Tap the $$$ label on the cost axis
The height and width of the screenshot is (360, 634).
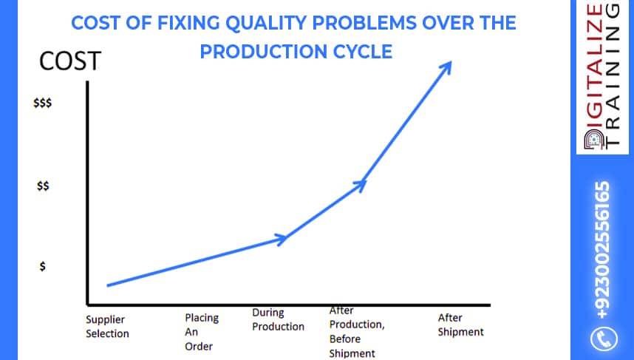(x=43, y=105)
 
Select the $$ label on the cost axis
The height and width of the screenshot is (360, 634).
(x=44, y=187)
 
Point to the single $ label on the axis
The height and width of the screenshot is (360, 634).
(x=44, y=268)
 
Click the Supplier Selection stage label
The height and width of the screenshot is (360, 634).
(x=107, y=327)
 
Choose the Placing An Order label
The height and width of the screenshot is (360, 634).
(x=202, y=331)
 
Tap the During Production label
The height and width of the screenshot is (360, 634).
(x=278, y=320)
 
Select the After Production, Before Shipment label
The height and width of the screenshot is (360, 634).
(x=357, y=332)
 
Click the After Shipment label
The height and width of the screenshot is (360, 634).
(x=461, y=325)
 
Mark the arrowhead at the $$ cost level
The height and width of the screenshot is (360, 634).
(x=360, y=184)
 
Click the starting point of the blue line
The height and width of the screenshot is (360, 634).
(x=108, y=285)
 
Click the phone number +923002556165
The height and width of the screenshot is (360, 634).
(x=604, y=251)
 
